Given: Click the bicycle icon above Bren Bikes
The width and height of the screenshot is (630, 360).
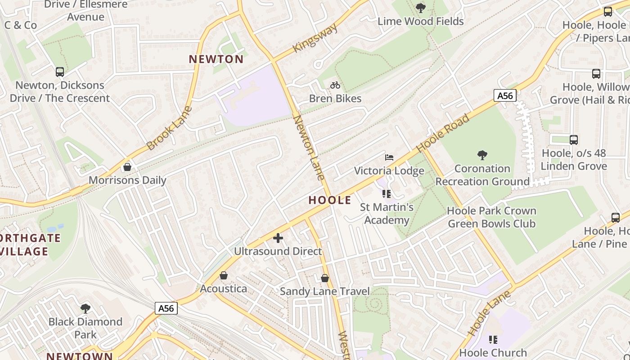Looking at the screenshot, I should [335, 85].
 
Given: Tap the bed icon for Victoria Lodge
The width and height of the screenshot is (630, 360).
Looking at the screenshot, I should [389, 157].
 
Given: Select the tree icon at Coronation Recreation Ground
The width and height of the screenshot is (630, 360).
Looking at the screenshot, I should [482, 156].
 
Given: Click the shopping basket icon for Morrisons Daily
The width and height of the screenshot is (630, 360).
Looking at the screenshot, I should [127, 167].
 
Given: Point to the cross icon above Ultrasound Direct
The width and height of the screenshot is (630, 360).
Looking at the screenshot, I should [278, 238].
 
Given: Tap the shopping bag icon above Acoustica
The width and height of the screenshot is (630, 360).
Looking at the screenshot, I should [224, 275].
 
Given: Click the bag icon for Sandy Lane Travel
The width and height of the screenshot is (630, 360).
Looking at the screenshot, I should [325, 279].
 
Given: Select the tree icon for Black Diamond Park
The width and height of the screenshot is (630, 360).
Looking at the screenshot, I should [85, 309].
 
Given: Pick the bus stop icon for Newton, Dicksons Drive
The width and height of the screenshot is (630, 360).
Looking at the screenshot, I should [59, 72].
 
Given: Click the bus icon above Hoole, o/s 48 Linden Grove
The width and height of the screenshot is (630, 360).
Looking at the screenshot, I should [573, 140].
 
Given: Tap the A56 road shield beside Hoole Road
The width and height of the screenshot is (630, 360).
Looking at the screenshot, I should [504, 95].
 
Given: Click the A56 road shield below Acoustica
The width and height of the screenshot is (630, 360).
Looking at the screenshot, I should [166, 308].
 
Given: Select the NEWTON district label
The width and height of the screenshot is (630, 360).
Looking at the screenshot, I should [216, 59].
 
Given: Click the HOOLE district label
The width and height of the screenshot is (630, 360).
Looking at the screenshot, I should [330, 200].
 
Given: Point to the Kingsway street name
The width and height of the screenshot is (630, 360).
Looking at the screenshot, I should [315, 38].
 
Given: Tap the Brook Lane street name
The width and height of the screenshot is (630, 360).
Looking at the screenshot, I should [169, 128].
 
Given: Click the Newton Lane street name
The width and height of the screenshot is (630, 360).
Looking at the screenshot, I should [309, 148].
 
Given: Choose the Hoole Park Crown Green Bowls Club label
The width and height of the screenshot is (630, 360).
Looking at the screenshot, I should [491, 217].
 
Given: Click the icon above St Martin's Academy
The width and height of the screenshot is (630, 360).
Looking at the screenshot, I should [386, 194].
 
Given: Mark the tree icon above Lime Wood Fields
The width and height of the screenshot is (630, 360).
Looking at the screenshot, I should [420, 8].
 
